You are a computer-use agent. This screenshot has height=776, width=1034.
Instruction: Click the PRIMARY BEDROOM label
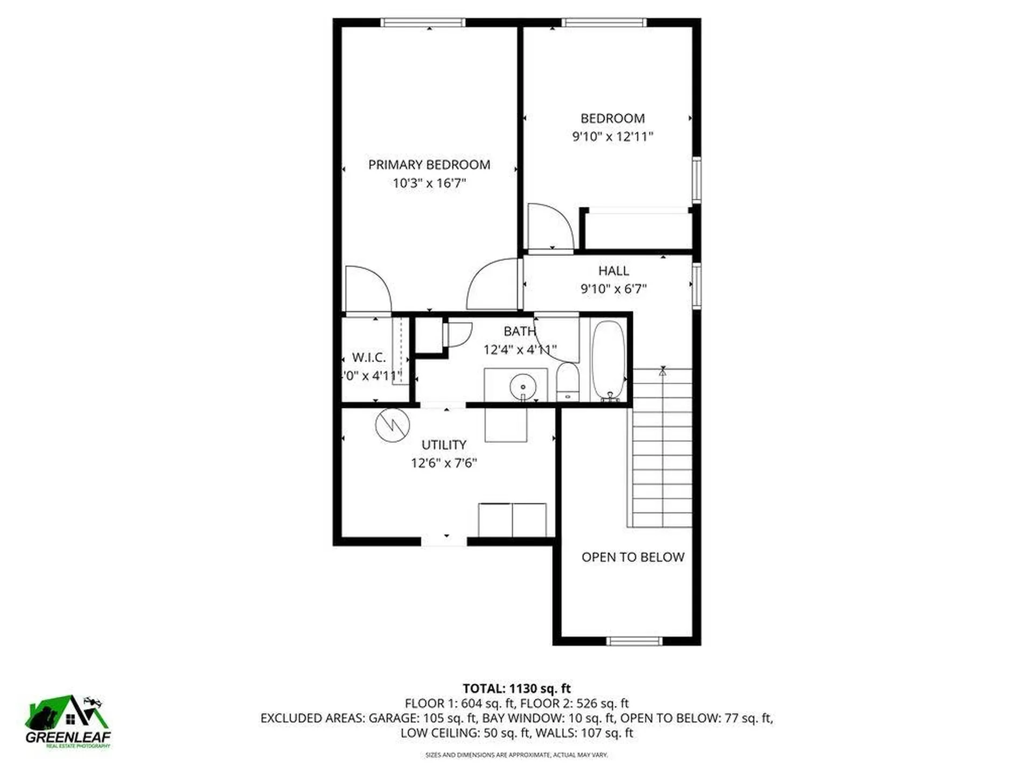point(429,164)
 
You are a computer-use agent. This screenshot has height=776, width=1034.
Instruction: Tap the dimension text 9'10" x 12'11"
point(612,136)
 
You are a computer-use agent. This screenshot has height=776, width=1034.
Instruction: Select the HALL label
point(613,271)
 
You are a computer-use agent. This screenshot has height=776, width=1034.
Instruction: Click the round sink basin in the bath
point(522,386)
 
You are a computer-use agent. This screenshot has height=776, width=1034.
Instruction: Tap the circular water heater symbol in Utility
point(392,426)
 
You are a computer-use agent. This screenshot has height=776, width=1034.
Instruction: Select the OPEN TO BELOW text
point(633,557)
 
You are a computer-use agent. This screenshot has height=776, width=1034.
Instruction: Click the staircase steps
point(662,447)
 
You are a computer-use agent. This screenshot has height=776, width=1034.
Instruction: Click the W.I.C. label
point(369,357)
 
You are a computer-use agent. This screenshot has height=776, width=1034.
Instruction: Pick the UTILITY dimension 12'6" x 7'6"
point(444,463)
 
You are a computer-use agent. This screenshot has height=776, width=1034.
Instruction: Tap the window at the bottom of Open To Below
point(634,641)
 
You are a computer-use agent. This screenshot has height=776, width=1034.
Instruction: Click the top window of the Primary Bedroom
point(423,23)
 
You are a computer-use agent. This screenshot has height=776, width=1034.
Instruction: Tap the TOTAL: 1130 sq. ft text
point(516,688)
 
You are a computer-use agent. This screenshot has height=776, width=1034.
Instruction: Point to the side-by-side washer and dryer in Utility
point(512,519)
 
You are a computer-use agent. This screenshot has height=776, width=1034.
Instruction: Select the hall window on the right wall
point(696,286)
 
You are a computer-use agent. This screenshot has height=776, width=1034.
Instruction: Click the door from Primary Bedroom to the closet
point(367,291)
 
